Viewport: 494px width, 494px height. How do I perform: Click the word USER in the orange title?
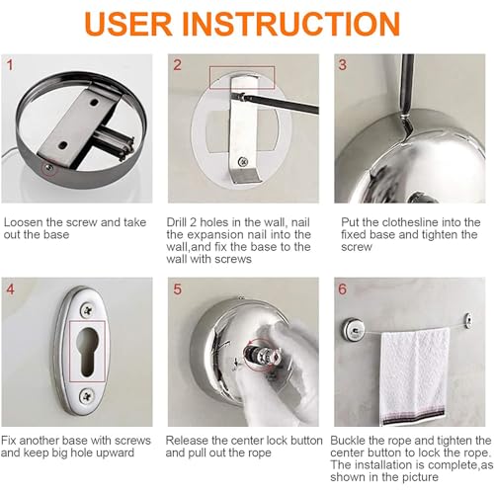click(128, 24)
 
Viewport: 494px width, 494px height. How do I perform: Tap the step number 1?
click(10, 65)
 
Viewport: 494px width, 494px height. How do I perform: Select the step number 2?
click(177, 65)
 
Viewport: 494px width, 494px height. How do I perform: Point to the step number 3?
click(343, 65)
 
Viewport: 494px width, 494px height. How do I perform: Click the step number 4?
click(11, 289)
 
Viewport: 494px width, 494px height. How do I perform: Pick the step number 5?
click(178, 289)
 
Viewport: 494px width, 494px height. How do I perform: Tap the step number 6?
click(343, 289)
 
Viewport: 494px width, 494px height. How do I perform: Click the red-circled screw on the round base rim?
click(49, 168)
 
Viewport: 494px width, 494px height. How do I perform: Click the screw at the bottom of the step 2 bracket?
click(243, 161)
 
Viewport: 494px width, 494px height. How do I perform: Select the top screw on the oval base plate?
click(88, 309)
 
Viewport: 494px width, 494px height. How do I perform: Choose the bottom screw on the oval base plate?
click(88, 395)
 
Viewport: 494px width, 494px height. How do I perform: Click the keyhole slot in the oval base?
click(87, 351)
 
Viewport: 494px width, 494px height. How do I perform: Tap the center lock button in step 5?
click(263, 357)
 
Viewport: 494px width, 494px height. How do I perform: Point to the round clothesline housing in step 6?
click(355, 328)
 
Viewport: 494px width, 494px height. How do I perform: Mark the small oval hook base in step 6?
click(467, 320)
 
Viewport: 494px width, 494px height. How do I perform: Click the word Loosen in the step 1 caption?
click(23, 222)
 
